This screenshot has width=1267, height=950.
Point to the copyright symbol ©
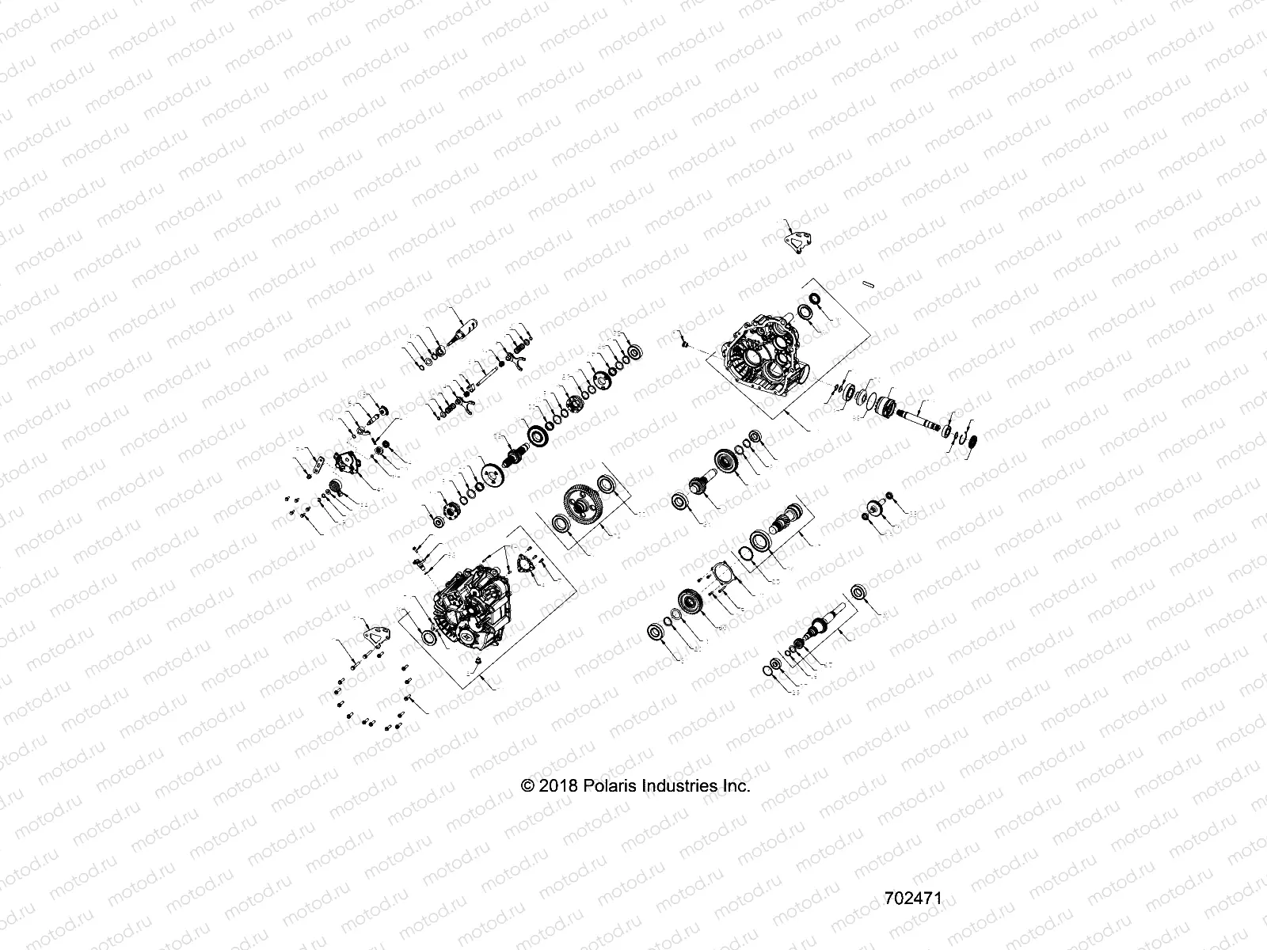click(527, 786)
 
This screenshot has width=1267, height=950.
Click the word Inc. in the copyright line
click(736, 786)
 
